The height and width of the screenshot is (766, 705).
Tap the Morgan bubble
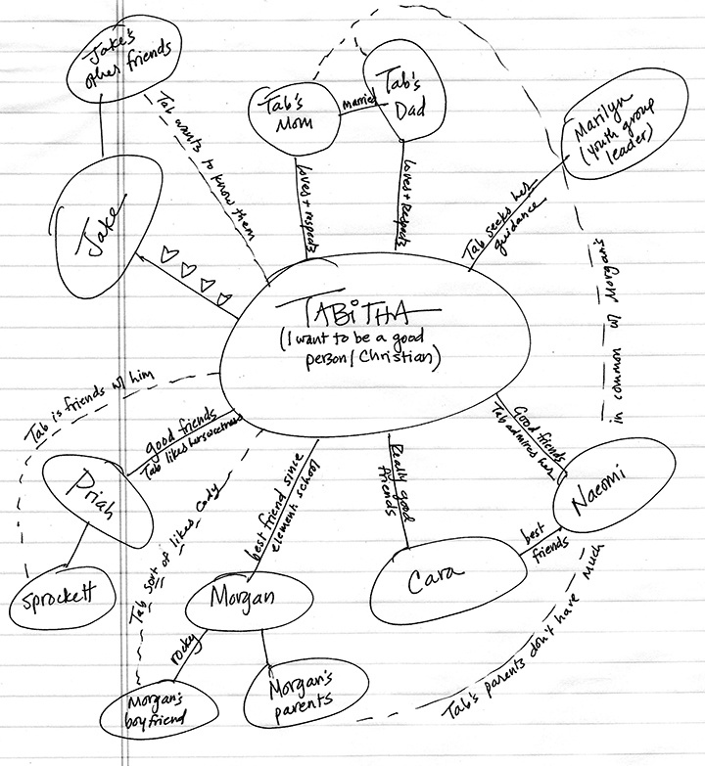tap(241, 599)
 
